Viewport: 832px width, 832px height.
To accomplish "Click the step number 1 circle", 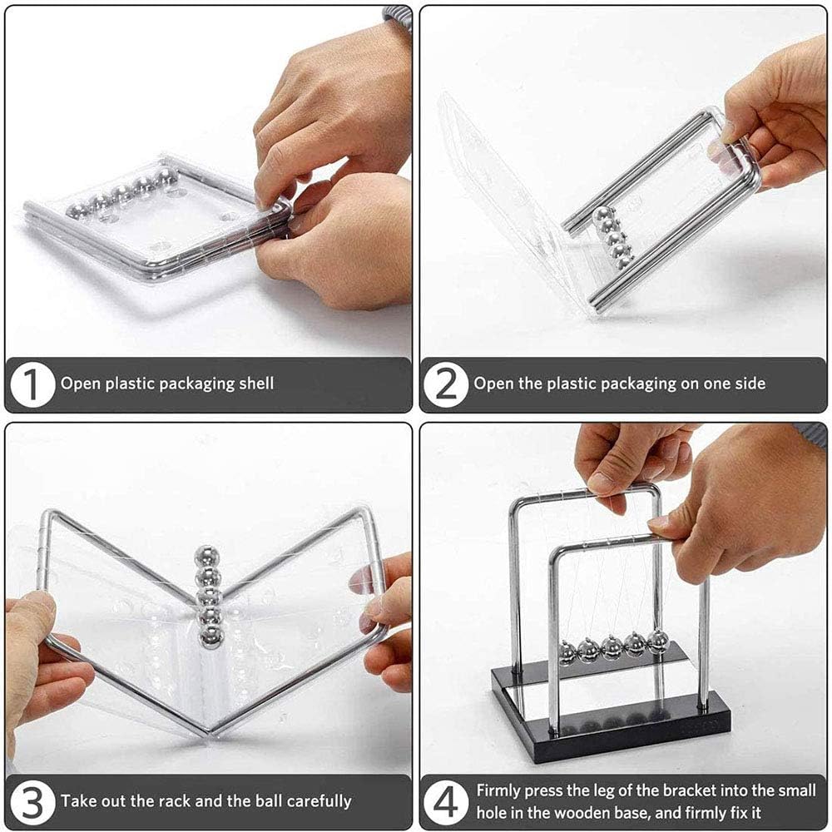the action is (x=32, y=384).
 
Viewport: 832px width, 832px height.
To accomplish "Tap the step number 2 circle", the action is (x=446, y=384).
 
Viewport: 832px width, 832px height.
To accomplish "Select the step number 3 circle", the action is (x=32, y=802).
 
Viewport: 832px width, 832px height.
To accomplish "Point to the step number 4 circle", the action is (x=446, y=802).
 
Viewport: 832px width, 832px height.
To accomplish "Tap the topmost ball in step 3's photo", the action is (x=207, y=556).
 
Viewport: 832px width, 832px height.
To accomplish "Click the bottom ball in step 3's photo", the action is (x=211, y=636).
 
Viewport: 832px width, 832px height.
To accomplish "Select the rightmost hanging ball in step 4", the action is (x=658, y=641).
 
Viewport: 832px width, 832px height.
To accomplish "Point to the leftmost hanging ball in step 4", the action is (x=567, y=652).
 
